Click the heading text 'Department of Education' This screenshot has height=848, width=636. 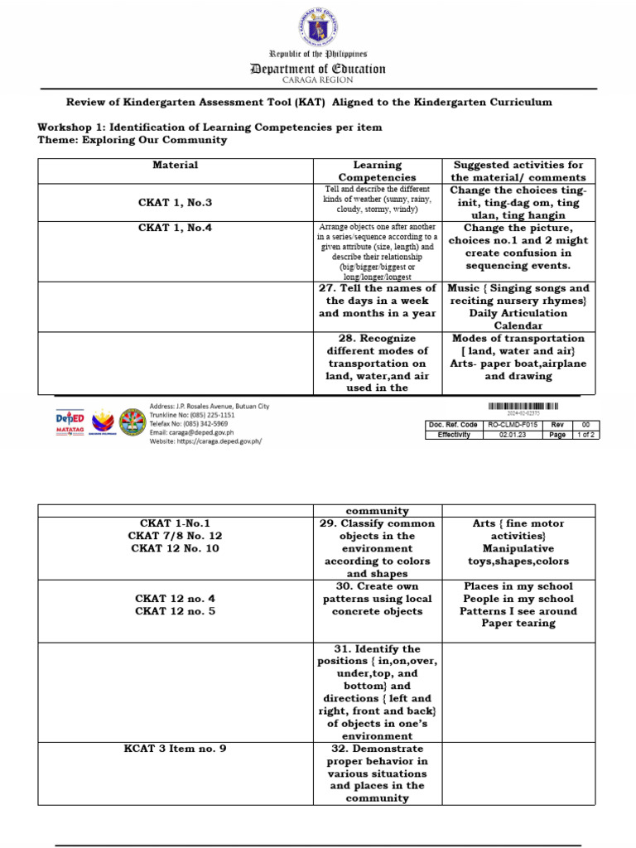coord(318,69)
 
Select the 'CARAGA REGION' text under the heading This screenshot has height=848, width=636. coord(318,80)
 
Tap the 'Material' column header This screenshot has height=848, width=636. coord(176,165)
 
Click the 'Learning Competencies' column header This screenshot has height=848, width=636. coord(378,171)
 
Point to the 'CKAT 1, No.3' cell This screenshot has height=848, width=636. coord(176,202)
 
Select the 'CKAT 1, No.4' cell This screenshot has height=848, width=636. coord(176,227)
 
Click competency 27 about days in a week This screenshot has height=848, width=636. coord(378,301)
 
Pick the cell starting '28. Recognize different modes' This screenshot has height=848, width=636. coord(378,363)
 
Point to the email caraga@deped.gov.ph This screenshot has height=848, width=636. coord(191,432)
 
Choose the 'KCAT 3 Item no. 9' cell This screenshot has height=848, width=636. coord(176,749)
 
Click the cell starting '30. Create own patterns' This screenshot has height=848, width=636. coord(378,599)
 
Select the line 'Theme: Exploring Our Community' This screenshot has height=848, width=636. coord(132,140)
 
